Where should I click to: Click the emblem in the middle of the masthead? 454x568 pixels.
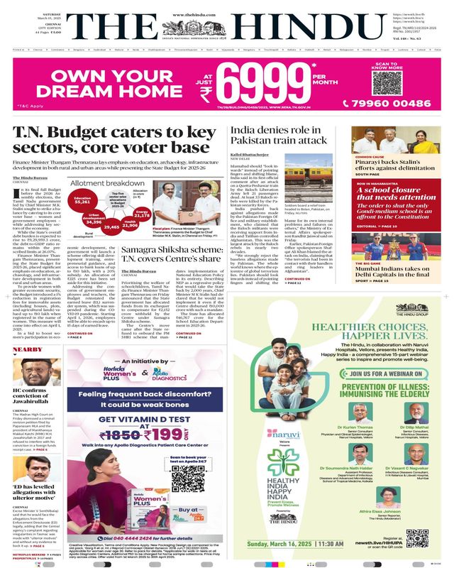[226, 28]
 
